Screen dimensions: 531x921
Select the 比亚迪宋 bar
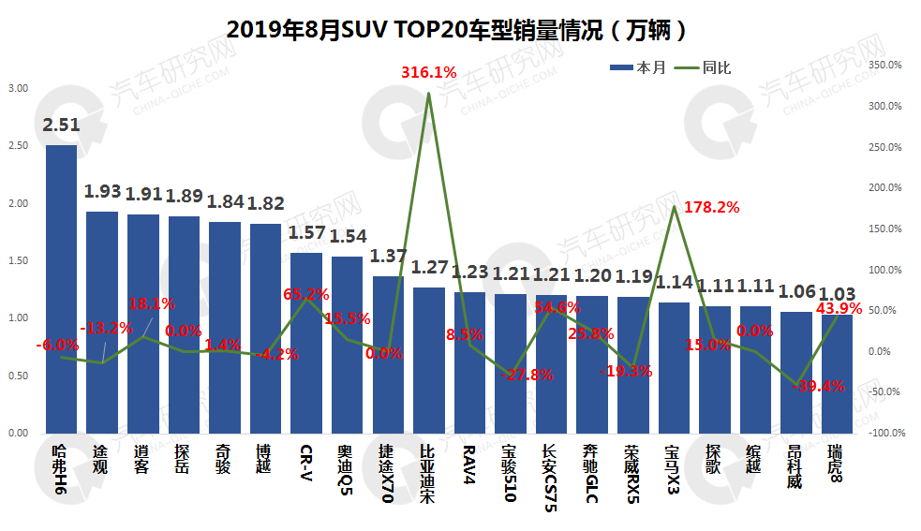[429, 361]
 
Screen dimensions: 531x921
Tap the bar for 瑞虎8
[837, 375]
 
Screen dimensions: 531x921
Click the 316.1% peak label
[428, 71]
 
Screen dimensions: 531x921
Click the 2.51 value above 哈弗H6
[61, 125]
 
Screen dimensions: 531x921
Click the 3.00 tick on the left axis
[18, 88]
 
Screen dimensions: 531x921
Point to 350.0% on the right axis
[885, 65]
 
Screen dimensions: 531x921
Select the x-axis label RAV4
[469, 461]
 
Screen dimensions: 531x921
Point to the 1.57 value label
[306, 231]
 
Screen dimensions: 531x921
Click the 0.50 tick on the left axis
[18, 376]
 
